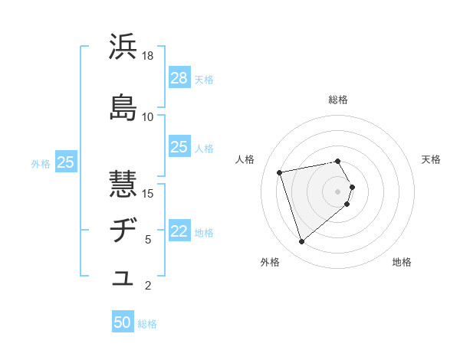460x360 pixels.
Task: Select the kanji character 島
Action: pos(123,107)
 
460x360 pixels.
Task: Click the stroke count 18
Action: pos(148,56)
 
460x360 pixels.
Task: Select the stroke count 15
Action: pos(148,193)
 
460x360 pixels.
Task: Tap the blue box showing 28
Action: pos(179,77)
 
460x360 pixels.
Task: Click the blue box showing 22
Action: pos(179,231)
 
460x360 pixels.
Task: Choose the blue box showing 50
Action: pos(123,322)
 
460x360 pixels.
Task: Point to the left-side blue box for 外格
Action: pos(66,162)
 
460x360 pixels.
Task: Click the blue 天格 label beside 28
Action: pos(204,79)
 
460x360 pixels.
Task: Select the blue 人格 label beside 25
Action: pos(204,148)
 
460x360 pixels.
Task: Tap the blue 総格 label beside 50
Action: pos(147,324)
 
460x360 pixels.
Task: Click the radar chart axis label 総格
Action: pos(338,100)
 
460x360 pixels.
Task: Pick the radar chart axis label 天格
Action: pos(431,159)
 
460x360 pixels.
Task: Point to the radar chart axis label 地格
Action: pos(402,262)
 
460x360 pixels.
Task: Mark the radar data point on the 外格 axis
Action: pos(301,242)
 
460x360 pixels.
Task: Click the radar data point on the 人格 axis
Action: pos(280,172)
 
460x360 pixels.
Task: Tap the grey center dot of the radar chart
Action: pos(338,191)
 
